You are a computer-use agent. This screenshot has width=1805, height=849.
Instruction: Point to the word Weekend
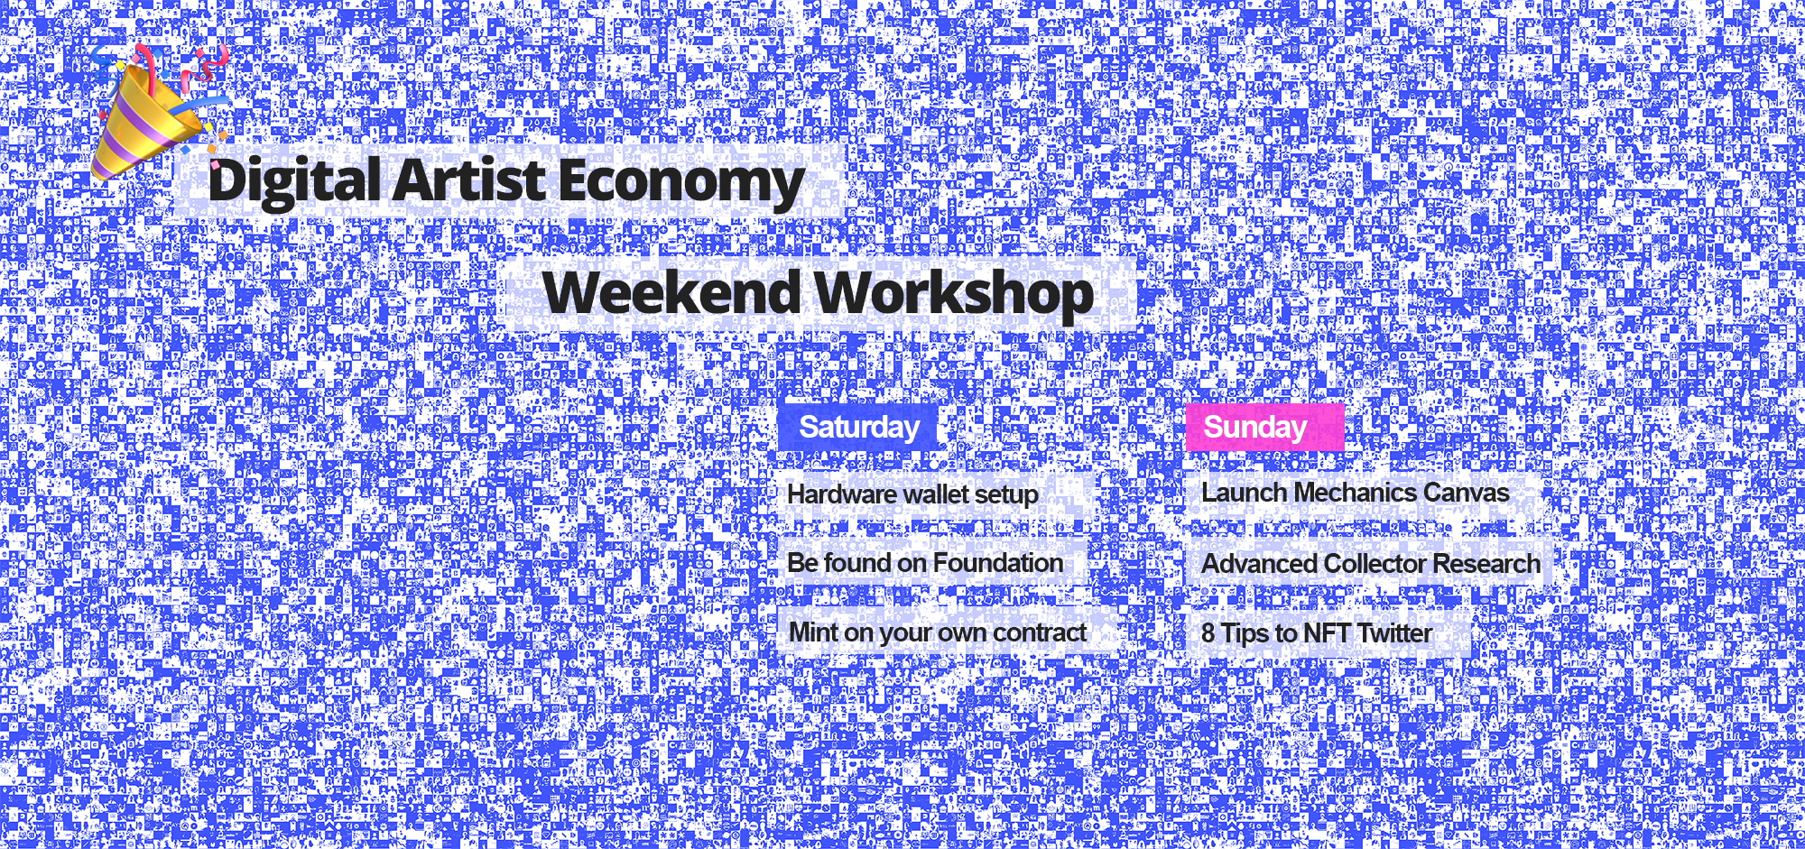click(671, 293)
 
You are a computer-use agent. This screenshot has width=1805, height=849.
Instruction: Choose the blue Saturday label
click(858, 427)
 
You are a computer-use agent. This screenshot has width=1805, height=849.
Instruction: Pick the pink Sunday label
click(1263, 427)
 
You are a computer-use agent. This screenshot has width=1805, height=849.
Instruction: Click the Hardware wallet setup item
click(912, 494)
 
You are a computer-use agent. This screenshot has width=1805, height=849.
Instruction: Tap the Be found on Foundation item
click(924, 563)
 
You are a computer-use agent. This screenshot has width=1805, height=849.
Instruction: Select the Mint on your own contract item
click(937, 632)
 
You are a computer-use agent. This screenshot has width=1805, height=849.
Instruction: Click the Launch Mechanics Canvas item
click(1354, 493)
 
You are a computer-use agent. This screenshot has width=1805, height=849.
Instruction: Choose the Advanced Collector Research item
click(1370, 564)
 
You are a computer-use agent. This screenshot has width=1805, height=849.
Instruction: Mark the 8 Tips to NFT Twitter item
click(1316, 633)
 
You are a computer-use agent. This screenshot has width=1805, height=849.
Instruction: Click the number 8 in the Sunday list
click(1208, 633)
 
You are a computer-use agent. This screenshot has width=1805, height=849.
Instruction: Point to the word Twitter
click(1394, 633)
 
